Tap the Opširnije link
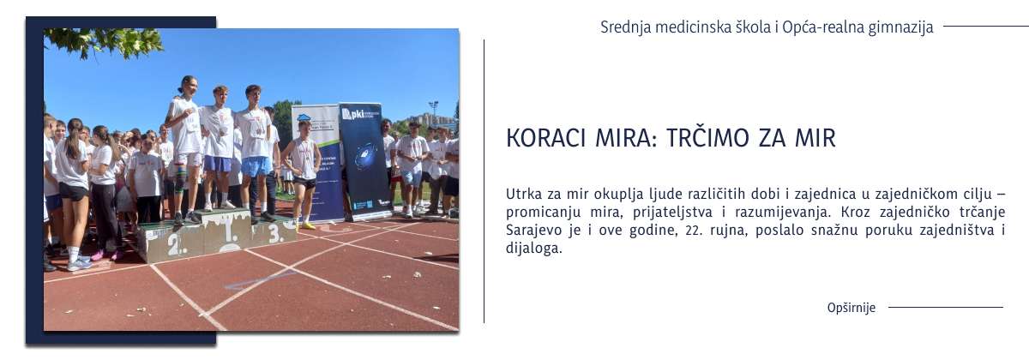coord(851,308)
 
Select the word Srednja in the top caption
coord(625,27)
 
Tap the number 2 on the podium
coord(174,244)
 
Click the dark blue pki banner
coord(365,163)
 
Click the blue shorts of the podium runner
coord(256,165)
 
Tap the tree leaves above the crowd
coord(103,41)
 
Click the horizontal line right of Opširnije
coord(945,307)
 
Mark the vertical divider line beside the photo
coord(484,180)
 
